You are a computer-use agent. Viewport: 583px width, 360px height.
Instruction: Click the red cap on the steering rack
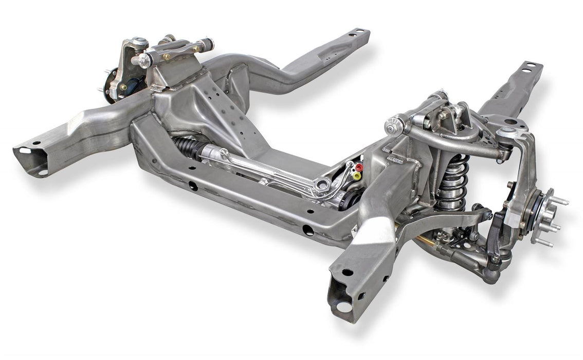tap(359, 167)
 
